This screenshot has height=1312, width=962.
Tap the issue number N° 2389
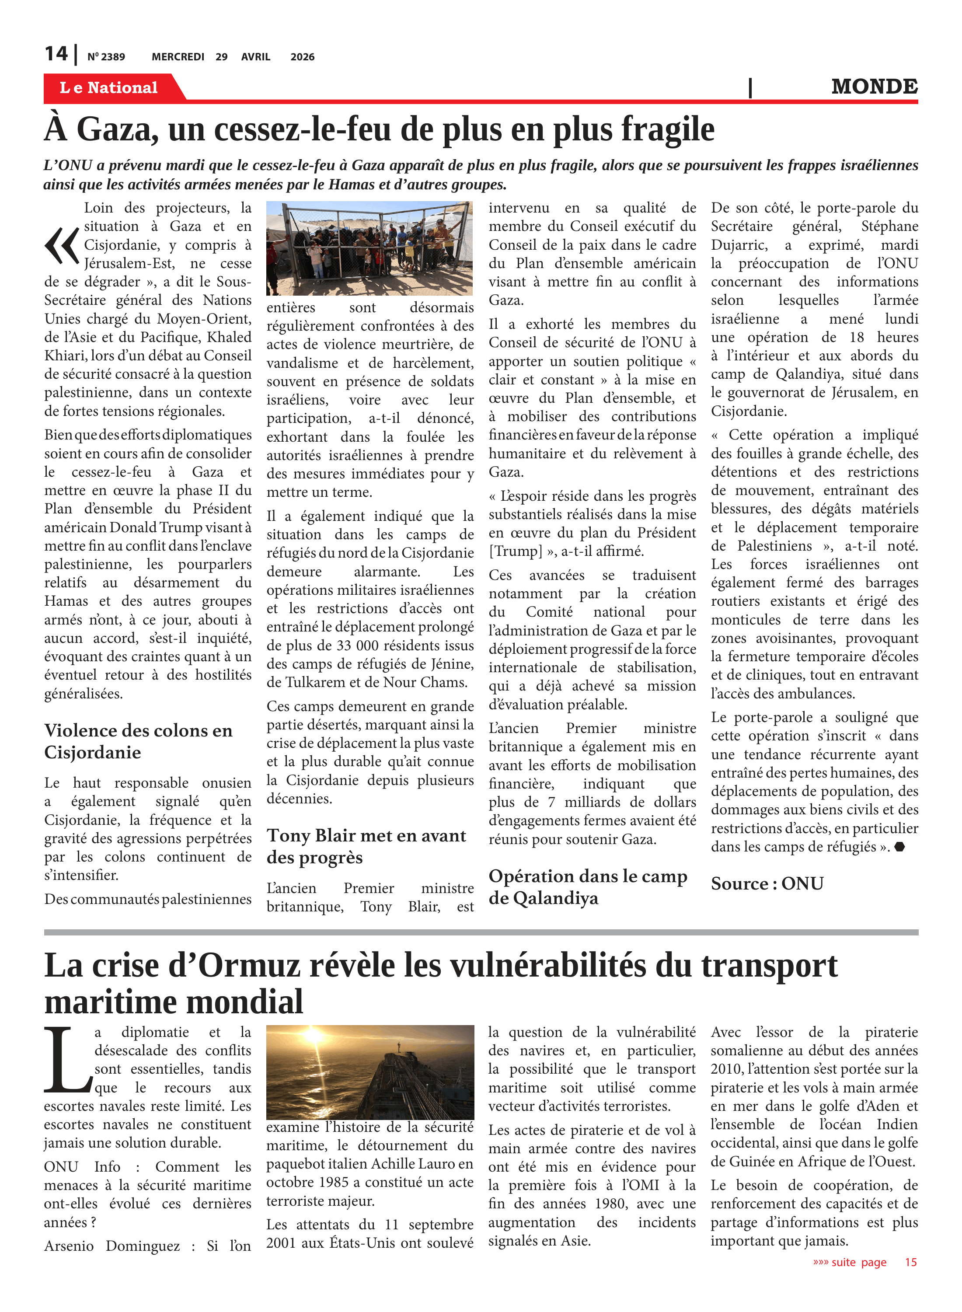(106, 57)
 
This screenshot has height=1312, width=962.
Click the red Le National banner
(109, 87)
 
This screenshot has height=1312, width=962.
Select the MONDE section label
(874, 87)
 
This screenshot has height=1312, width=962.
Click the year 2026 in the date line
(302, 57)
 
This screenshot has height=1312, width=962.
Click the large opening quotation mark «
(62, 246)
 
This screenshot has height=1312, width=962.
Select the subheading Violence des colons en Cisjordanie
(138, 741)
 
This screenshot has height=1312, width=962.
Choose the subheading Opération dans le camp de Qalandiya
(588, 886)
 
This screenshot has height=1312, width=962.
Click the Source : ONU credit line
(767, 883)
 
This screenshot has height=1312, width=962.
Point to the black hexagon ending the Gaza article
(900, 847)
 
